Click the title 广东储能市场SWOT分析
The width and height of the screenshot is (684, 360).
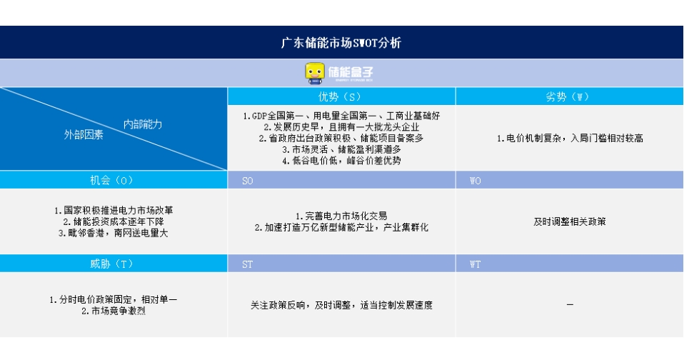point(341,43)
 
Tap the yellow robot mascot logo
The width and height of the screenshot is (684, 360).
point(315,73)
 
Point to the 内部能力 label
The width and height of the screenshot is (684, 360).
point(143,124)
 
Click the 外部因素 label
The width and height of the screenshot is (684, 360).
point(84,135)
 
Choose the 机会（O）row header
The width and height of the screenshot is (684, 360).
point(111,180)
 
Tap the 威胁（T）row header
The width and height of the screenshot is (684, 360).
point(111,264)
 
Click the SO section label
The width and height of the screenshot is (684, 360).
point(247,181)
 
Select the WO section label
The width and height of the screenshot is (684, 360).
point(475,181)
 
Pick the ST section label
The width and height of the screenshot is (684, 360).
point(247,264)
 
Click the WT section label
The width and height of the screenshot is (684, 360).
point(475,264)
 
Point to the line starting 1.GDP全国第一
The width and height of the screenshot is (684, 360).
point(341,116)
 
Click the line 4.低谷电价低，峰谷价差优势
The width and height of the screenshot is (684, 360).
point(341,161)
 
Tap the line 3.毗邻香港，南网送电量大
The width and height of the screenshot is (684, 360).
point(114,233)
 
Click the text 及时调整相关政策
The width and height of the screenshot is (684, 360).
point(570,221)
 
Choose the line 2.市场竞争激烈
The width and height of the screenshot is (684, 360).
point(114,311)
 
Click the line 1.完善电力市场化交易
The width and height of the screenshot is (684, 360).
point(341,216)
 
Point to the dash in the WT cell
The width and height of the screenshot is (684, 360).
point(570,304)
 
